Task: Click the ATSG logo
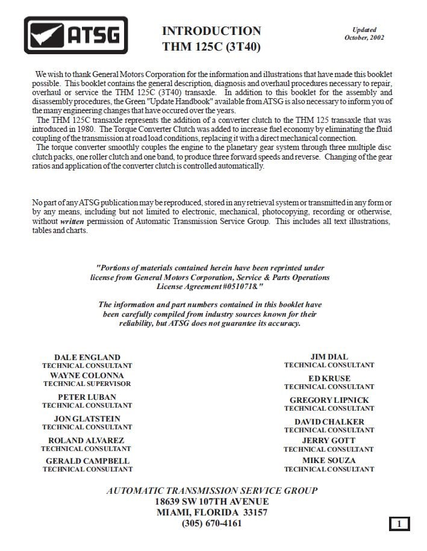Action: (76, 35)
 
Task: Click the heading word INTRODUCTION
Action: (211, 31)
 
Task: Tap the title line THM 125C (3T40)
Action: (211, 46)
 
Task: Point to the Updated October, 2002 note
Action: (364, 34)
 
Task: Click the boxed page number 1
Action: (399, 524)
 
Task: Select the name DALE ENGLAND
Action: (87, 357)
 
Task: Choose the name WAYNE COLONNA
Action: (87, 375)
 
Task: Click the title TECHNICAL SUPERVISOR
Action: (87, 384)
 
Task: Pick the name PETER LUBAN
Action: (87, 397)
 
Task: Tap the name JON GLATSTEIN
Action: (87, 419)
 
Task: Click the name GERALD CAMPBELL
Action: (87, 461)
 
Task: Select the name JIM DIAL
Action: (329, 356)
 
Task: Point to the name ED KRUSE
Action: (329, 378)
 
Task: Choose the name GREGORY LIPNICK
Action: (329, 400)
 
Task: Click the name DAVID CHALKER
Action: (329, 422)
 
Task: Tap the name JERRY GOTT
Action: (329, 440)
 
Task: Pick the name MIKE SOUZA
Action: (329, 460)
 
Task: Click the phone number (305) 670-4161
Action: (211, 523)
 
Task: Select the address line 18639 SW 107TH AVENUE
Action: (211, 501)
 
